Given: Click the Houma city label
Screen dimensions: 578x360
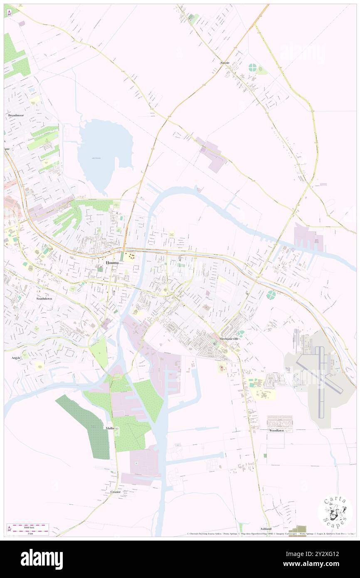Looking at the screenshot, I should (112, 263).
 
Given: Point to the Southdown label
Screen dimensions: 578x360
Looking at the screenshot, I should (44, 299).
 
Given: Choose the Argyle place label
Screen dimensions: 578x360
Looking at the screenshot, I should (12, 358).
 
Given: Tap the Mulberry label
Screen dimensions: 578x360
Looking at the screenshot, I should (111, 428).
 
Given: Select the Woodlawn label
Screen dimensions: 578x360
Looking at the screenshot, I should (276, 431).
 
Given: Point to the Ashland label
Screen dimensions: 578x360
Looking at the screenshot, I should (266, 529).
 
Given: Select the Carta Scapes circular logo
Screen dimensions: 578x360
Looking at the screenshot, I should (335, 512).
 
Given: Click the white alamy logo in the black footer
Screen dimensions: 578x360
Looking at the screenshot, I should (42, 559).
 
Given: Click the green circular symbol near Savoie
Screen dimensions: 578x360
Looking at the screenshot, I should (252, 67).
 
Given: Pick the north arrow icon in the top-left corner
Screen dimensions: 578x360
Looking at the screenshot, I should (10, 13).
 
